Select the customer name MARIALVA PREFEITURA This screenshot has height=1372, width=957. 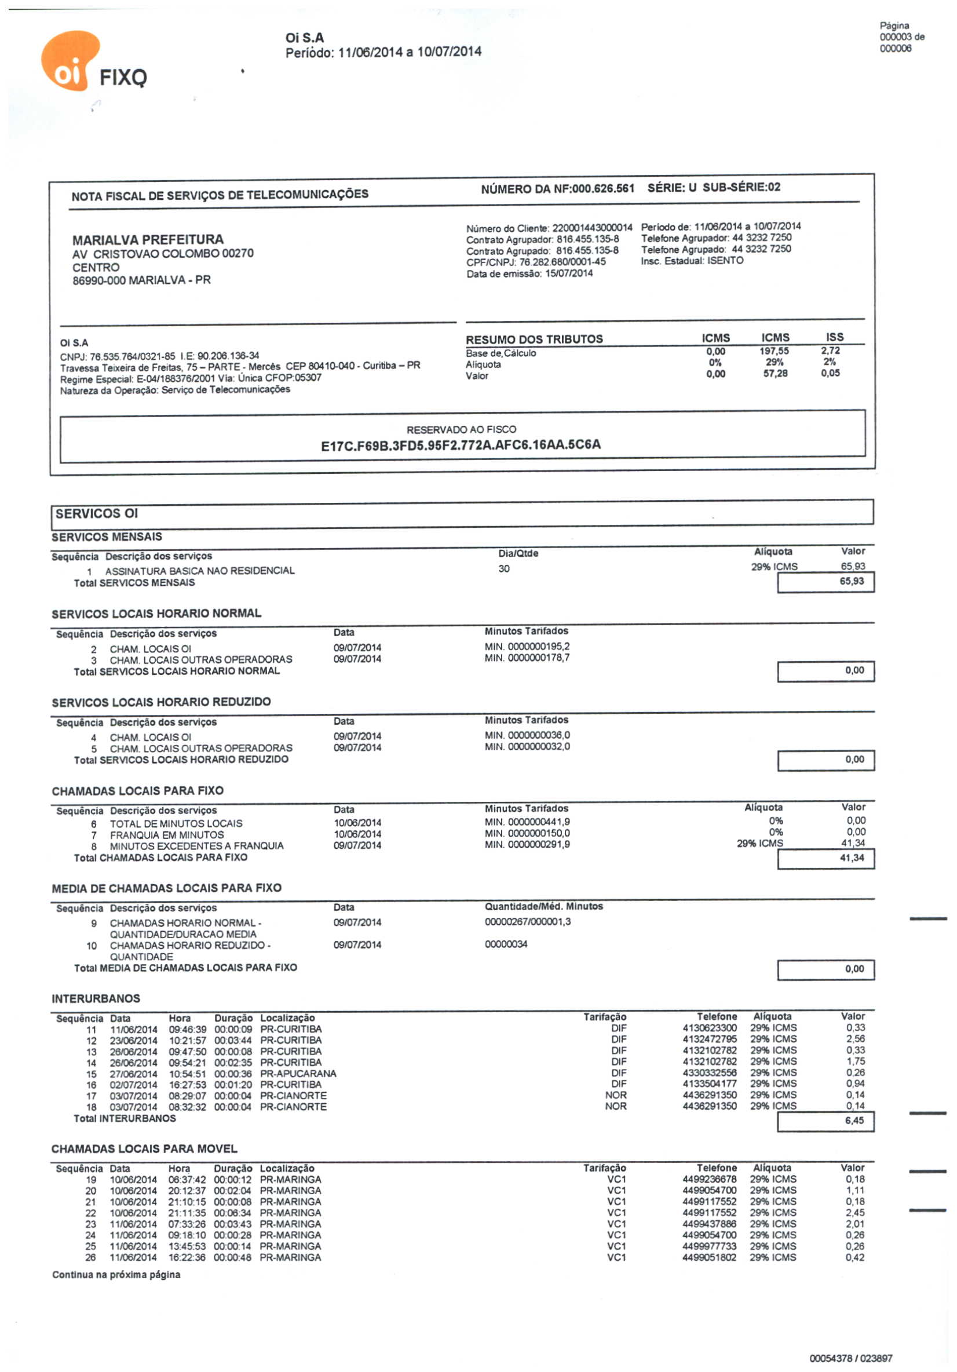click(x=148, y=240)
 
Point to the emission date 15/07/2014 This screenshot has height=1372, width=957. click(x=569, y=273)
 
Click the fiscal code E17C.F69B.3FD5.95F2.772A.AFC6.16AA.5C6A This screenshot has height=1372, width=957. click(x=461, y=445)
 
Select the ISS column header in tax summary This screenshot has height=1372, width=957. click(x=834, y=337)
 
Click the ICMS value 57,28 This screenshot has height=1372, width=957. click(x=775, y=374)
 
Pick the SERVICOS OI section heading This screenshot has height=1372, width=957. click(x=97, y=513)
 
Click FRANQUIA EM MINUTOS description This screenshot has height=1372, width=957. click(x=167, y=835)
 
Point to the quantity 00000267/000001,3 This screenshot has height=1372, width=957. click(x=528, y=922)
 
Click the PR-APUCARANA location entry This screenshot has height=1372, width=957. click(x=298, y=1074)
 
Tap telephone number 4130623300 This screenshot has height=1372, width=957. click(x=709, y=1028)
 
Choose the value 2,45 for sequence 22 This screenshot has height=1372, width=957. click(x=855, y=1213)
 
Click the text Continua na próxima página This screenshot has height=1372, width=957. click(x=116, y=1275)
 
